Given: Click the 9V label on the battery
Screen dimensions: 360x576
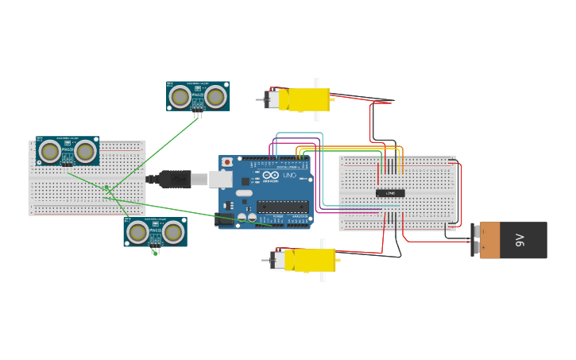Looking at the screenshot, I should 521,240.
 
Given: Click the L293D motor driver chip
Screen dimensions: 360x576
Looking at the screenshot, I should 390,193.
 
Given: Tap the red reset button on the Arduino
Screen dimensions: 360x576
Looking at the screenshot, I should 227,162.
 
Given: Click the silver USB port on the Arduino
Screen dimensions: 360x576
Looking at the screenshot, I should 221,180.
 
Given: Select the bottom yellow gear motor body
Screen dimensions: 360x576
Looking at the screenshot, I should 313,260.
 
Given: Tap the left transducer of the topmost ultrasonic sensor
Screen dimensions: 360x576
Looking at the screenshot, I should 180,97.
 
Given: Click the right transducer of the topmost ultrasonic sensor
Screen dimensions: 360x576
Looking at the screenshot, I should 215,97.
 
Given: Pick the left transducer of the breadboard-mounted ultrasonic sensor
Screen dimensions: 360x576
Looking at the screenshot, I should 50,151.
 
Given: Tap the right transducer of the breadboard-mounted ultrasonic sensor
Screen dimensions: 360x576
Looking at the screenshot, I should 85,151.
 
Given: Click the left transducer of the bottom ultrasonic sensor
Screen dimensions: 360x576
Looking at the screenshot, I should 138,232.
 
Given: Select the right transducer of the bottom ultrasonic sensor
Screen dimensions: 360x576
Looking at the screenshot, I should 173,232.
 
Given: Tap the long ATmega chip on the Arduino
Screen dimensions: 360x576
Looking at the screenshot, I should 282,207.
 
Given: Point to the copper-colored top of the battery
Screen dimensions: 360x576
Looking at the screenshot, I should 490,240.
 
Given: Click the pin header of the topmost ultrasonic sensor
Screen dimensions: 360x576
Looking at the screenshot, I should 198,115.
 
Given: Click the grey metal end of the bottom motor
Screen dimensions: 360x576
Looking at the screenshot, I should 277,260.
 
